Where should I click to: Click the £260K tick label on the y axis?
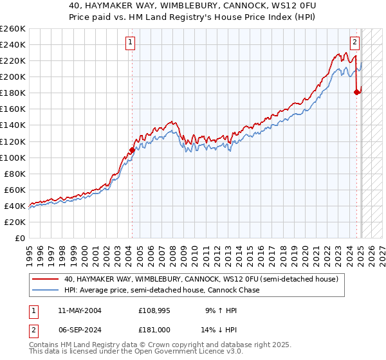coord(12,29)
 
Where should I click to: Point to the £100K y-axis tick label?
coord(12,157)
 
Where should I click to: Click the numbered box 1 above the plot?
coord(131,43)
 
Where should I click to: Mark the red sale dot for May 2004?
coord(132,150)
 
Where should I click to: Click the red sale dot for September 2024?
coord(357,92)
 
